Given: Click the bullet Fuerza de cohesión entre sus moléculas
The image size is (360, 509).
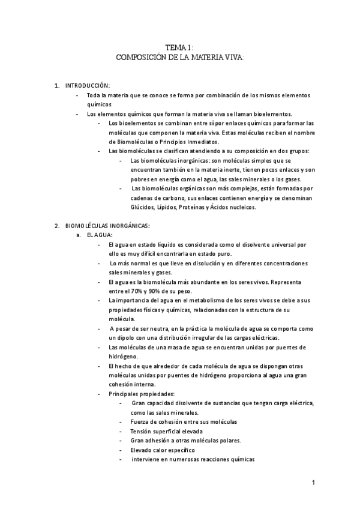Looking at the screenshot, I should click(x=183, y=422).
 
